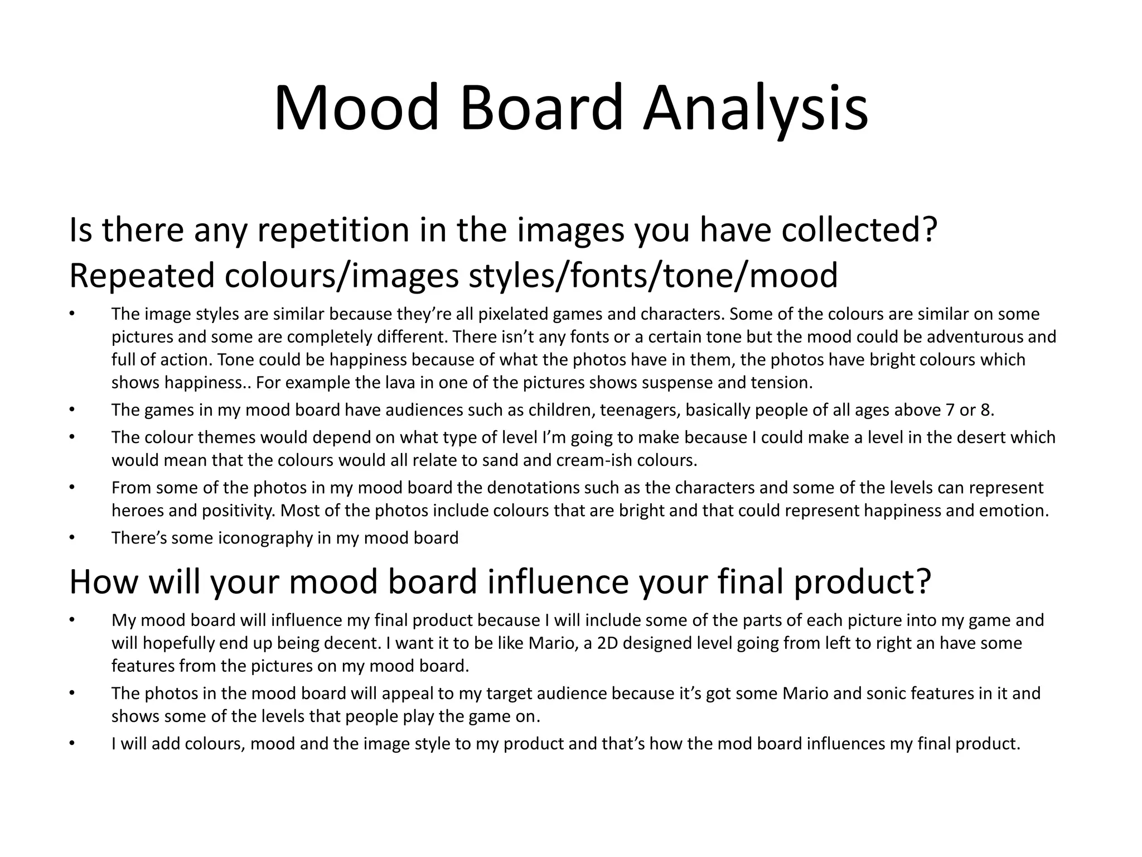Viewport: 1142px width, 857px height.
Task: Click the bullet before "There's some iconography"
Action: pyautogui.click(x=71, y=538)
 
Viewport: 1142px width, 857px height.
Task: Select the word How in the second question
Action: pyautogui.click(x=103, y=581)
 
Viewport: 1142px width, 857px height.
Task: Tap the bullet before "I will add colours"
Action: pyautogui.click(x=71, y=744)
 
